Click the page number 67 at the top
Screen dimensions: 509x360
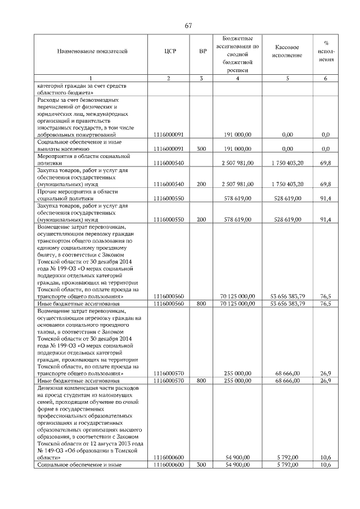point(188,25)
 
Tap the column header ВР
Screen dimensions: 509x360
point(202,52)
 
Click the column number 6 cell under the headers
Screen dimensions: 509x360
point(326,78)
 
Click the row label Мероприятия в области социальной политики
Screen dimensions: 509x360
point(83,159)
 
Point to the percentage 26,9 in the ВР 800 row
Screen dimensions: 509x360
point(326,381)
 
